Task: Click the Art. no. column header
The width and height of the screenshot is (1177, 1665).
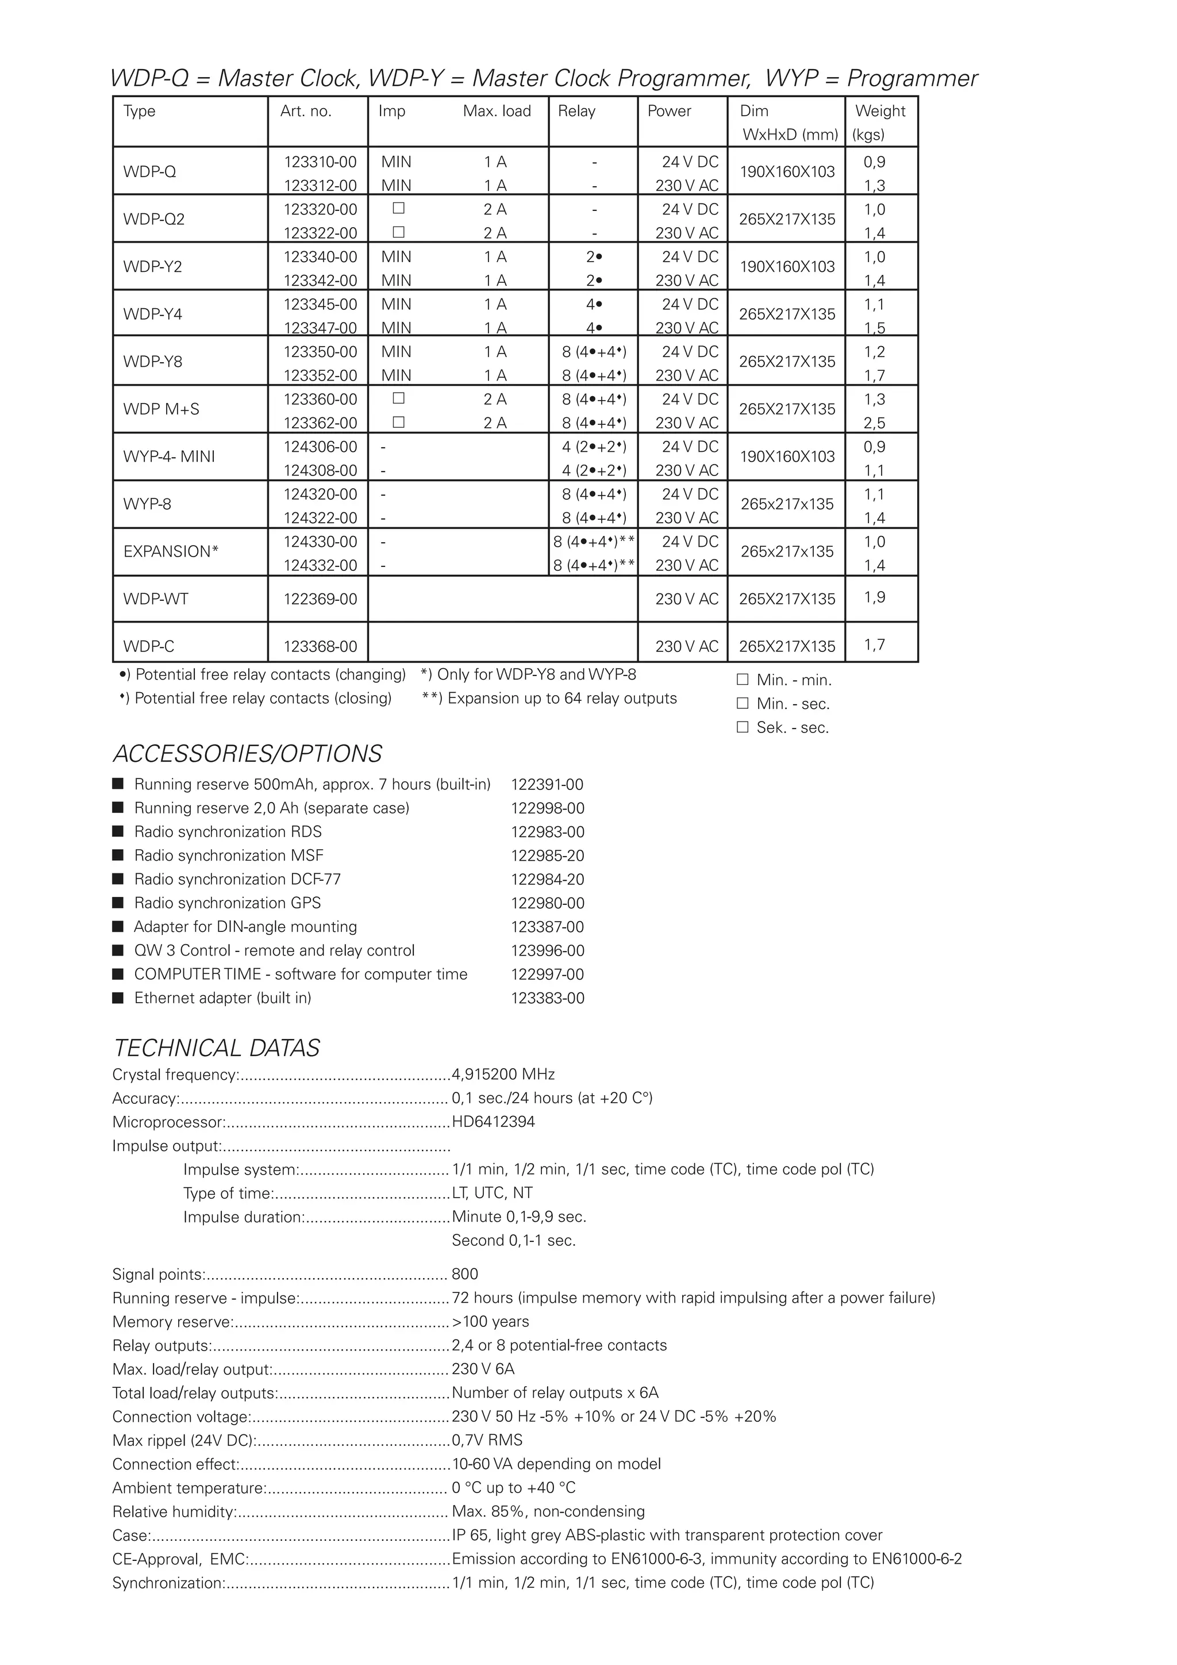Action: tap(305, 111)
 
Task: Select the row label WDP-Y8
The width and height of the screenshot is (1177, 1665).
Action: tap(152, 361)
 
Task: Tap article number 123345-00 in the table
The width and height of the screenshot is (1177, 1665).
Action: tap(320, 304)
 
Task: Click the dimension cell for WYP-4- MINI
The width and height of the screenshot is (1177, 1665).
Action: tap(786, 456)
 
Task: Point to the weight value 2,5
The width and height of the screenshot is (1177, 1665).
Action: tap(874, 423)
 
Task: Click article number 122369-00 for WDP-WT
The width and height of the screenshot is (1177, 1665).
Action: tap(320, 599)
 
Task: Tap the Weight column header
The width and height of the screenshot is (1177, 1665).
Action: tap(880, 111)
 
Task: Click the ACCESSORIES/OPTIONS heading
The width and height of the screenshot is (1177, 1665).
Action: tap(247, 754)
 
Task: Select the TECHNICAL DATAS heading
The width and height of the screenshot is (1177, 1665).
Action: tap(216, 1048)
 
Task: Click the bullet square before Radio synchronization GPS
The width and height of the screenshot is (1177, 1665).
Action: tap(118, 903)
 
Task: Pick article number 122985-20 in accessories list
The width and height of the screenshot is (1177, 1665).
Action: tap(547, 855)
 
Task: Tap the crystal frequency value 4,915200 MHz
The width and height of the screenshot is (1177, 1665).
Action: tap(503, 1074)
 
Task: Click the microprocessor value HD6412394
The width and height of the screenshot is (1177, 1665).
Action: tap(493, 1122)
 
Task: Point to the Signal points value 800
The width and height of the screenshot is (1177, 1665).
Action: tap(464, 1274)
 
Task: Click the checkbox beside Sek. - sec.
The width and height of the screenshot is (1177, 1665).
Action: tap(742, 727)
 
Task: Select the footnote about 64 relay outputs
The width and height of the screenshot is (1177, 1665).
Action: tap(549, 699)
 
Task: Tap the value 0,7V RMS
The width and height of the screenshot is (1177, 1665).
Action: tap(486, 1440)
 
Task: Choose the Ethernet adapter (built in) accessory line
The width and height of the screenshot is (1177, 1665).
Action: tap(222, 998)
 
